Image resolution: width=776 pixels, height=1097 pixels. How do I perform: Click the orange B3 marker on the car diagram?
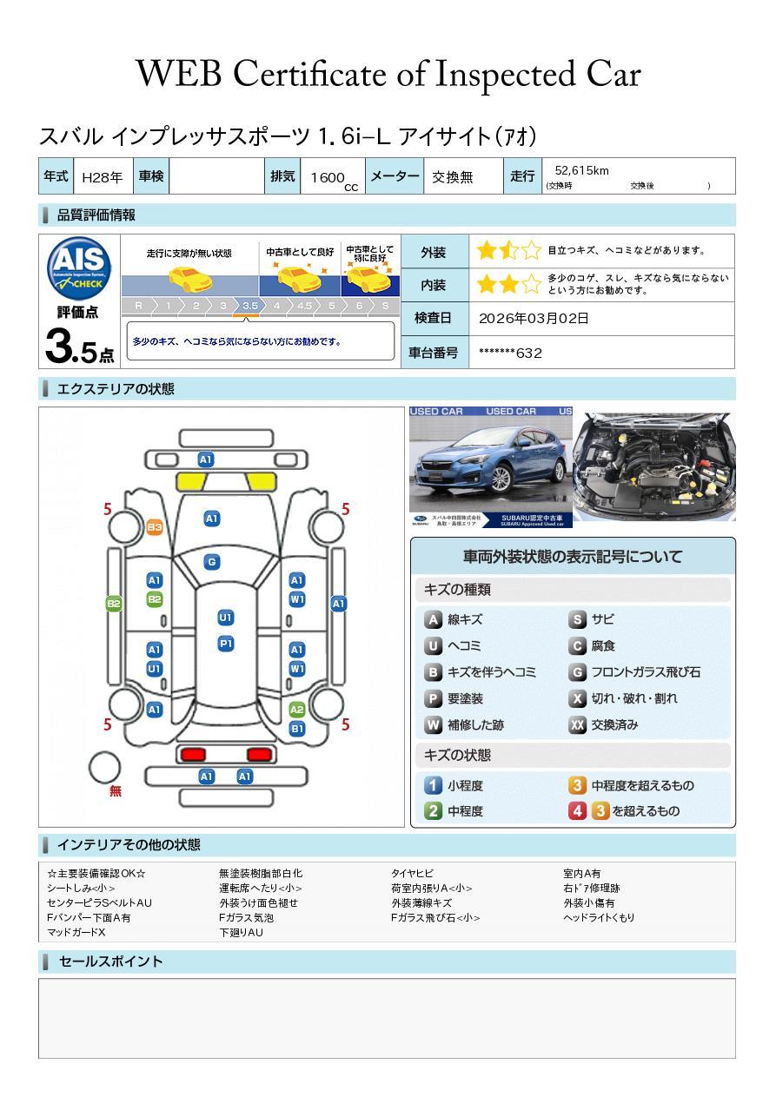pos(155,527)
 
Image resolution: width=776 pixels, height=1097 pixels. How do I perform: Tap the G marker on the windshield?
pos(211,562)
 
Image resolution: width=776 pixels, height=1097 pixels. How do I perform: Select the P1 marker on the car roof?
pos(226,644)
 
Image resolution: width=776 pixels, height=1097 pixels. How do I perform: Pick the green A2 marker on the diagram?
pos(297,710)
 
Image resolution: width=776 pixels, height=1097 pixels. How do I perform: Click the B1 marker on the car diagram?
pos(297,729)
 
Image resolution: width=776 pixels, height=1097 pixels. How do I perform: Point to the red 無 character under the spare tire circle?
pos(116,791)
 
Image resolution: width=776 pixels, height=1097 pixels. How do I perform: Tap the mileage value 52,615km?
pos(581,170)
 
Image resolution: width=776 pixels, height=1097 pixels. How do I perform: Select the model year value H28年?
pos(101,177)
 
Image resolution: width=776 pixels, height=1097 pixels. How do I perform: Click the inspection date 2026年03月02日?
pos(534,319)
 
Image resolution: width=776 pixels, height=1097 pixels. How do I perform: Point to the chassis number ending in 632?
pos(510,353)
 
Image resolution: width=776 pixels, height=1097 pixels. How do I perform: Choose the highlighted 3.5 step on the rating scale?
pos(250,306)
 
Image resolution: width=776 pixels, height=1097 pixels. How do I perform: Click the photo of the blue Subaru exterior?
pos(490,466)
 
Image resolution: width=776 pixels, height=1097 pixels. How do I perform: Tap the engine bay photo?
pos(654,466)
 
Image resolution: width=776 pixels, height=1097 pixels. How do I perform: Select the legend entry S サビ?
pos(592,619)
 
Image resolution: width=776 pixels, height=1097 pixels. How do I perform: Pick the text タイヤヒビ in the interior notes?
pos(413,873)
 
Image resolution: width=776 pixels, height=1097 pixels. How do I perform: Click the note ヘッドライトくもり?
pos(599,917)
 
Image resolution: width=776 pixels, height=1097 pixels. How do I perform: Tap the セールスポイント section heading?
pos(110,962)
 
